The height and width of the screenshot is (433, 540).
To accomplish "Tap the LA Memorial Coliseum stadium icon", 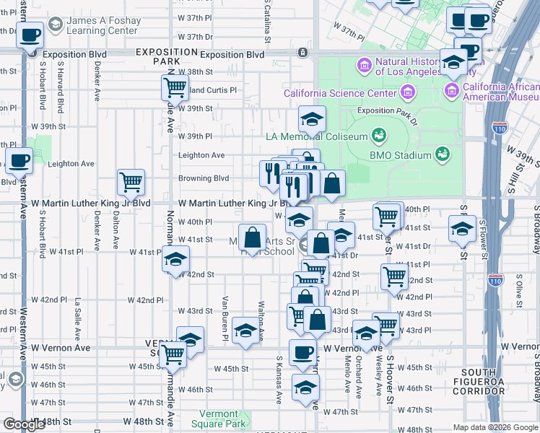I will [378, 135].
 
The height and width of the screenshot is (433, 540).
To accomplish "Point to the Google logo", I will [24, 424].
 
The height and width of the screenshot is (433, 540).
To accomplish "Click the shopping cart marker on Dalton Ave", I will [131, 183].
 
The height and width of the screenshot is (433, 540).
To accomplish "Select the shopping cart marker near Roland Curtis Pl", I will [175, 89].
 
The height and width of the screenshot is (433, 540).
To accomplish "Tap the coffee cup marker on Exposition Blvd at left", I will [30, 35].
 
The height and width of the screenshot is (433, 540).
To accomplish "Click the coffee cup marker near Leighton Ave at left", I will [19, 161].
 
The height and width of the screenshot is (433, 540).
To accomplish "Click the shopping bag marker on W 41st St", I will [253, 238].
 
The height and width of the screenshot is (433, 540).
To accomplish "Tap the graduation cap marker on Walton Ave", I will [245, 331].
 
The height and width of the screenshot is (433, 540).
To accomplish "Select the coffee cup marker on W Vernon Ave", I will [302, 353].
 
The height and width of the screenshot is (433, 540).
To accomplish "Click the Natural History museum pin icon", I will [365, 66].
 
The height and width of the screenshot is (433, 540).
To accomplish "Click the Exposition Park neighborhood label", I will [166, 57].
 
